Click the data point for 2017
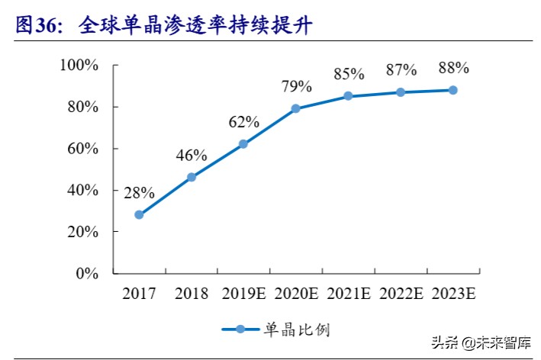click(139, 214)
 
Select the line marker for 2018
click(192, 177)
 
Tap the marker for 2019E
click(243, 143)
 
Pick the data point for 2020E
click(296, 108)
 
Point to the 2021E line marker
click(348, 96)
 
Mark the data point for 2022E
click(401, 92)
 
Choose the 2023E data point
click(452, 90)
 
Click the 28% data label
click(140, 192)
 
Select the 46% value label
click(192, 156)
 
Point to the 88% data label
click(453, 68)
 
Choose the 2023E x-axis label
click(455, 292)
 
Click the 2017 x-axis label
click(140, 292)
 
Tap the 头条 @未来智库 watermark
click(482, 342)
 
